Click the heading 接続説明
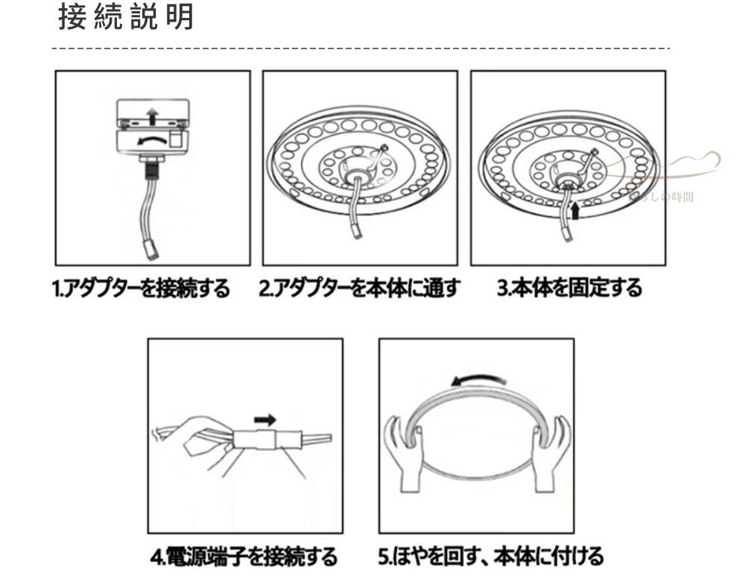[125, 19]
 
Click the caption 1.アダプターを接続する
[142, 289]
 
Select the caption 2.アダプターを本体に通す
[359, 289]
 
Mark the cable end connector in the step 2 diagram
[358, 231]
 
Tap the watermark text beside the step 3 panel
[670, 196]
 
